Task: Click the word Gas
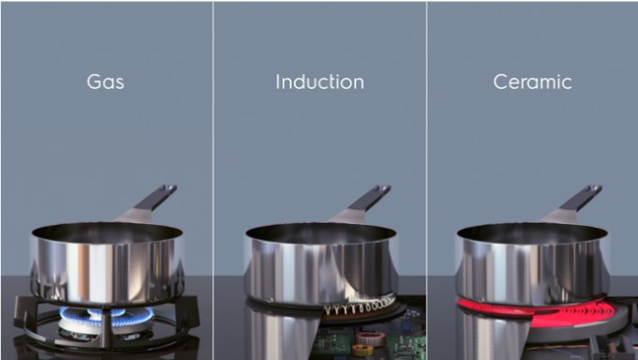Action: click(105, 82)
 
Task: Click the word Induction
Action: click(319, 82)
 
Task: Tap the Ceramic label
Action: click(533, 82)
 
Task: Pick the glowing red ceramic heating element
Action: click(542, 313)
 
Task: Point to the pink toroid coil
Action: click(371, 338)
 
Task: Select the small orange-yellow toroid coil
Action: click(362, 350)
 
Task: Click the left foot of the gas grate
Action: click(22, 313)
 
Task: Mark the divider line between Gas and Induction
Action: click(213, 180)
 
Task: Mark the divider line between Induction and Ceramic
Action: click(427, 180)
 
